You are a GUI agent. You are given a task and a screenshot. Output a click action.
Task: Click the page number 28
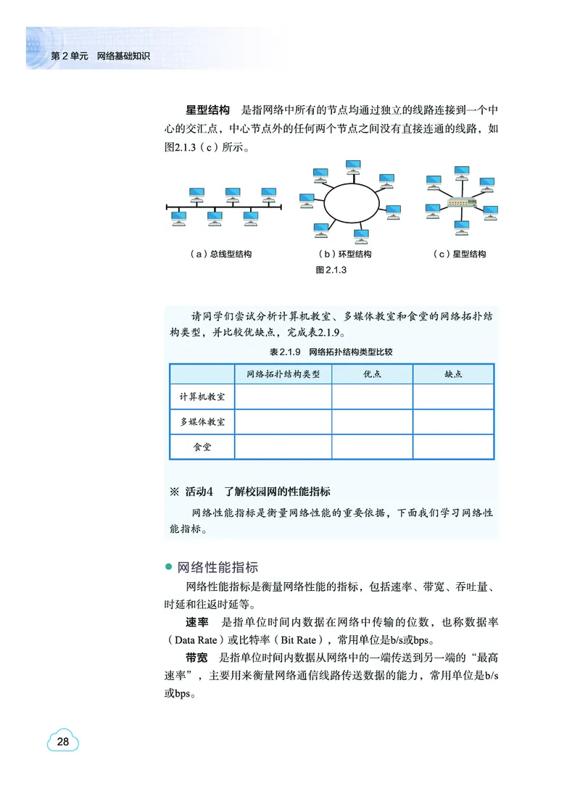click(63, 742)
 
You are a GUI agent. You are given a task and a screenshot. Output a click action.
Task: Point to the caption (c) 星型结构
click(459, 254)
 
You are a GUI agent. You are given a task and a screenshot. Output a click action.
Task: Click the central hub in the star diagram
click(460, 203)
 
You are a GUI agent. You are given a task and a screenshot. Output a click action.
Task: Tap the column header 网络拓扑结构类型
click(283, 374)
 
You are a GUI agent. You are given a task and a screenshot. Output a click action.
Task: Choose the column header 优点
click(372, 374)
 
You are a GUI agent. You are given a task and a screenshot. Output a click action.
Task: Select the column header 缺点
click(453, 374)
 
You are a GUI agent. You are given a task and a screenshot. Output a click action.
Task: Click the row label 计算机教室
click(202, 397)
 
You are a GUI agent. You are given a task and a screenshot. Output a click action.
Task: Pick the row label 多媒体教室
click(202, 422)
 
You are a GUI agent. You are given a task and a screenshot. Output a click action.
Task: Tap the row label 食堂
click(202, 447)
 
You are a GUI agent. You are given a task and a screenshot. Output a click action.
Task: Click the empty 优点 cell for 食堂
click(372, 447)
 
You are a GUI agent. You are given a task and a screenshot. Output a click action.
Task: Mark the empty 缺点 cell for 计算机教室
click(453, 397)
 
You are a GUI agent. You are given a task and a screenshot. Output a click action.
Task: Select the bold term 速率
click(197, 622)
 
